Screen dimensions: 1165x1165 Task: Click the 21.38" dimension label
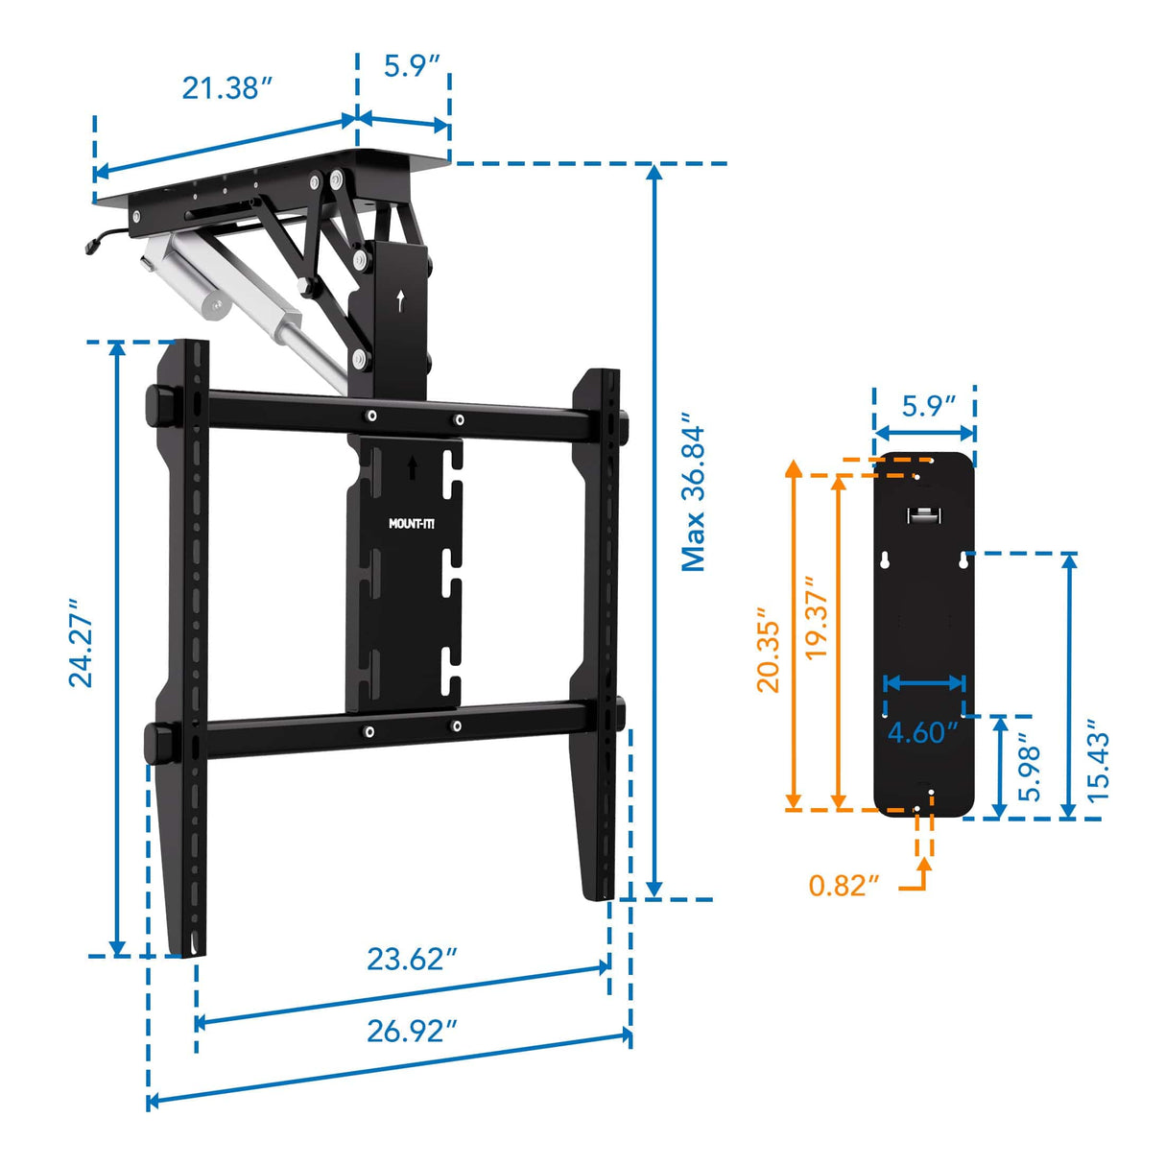[227, 88]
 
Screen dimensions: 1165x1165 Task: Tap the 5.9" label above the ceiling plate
[412, 65]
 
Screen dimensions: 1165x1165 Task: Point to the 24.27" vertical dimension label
[82, 643]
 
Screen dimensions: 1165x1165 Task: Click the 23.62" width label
[412, 959]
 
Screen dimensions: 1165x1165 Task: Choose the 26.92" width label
[412, 1031]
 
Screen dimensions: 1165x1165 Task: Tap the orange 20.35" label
[769, 650]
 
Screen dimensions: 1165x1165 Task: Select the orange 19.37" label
[816, 617]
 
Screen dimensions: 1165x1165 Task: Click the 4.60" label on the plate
[922, 732]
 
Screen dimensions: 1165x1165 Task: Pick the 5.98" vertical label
[1030, 769]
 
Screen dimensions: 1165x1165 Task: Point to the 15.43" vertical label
[1099, 767]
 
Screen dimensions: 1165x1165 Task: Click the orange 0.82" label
[844, 885]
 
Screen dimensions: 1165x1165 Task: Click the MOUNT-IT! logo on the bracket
[412, 524]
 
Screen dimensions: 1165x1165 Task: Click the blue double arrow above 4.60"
[923, 683]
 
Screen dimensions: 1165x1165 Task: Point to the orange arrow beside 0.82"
[922, 868]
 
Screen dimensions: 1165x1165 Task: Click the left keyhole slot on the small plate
[884, 562]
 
